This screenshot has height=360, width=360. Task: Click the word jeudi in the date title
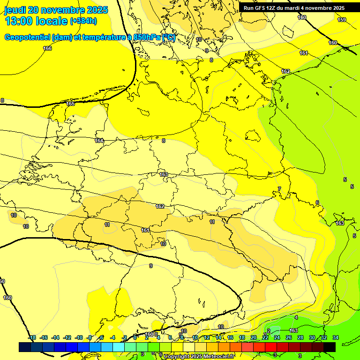click(x=15, y=10)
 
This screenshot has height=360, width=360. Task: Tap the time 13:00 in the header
click(x=19, y=21)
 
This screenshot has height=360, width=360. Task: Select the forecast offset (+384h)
click(x=83, y=21)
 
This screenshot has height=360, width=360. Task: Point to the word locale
click(x=51, y=21)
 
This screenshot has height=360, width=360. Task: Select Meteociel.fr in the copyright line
click(x=217, y=357)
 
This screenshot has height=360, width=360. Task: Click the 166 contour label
click(x=47, y=48)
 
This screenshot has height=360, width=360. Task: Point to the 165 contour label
click(x=70, y=104)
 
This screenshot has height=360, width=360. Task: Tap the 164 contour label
click(x=99, y=141)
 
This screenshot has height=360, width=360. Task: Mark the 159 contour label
click(x=342, y=20)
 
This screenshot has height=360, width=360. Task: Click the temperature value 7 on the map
click(x=279, y=189)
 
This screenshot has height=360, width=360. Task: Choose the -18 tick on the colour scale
click(x=32, y=337)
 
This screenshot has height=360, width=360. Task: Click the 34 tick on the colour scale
click(x=336, y=337)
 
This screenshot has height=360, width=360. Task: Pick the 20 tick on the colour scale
click(x=254, y=337)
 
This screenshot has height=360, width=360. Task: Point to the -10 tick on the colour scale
click(x=79, y=337)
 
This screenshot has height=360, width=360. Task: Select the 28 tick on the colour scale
click(x=300, y=337)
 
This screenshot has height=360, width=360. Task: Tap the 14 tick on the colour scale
click(x=218, y=337)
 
